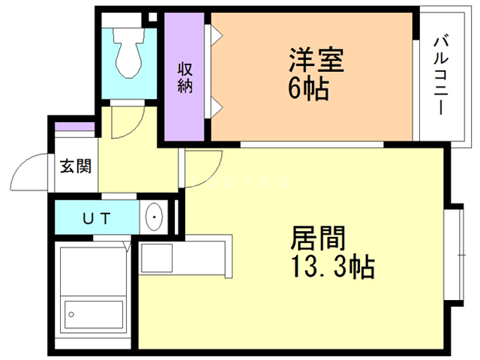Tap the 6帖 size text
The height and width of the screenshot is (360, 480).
click(x=308, y=89)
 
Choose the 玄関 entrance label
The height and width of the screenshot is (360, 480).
click(x=75, y=166)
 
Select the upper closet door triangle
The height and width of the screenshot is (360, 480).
click(x=215, y=34)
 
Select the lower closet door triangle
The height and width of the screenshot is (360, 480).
click(x=215, y=105)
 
